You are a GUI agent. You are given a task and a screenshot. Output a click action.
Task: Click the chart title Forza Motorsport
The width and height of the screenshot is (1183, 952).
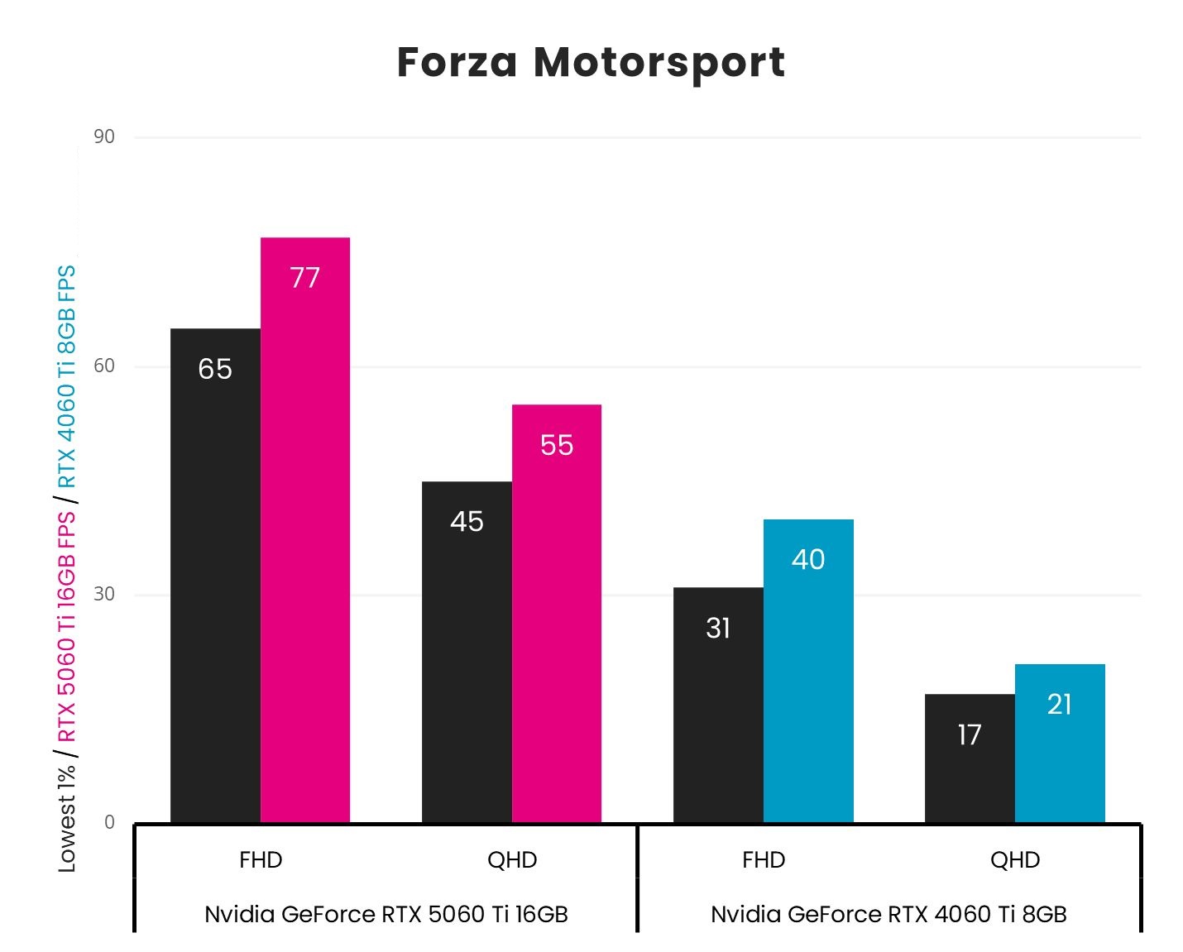tap(591, 63)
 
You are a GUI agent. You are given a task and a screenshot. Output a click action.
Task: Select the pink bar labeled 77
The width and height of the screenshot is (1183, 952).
tap(305, 529)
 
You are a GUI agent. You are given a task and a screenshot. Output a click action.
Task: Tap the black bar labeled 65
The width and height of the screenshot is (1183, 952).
tap(215, 575)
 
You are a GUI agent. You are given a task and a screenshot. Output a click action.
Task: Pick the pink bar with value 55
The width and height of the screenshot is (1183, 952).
tap(557, 613)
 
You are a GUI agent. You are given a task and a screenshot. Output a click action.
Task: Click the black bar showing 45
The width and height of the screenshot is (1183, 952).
tap(467, 652)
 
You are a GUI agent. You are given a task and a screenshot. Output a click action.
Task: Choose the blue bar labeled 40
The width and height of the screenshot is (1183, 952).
tap(808, 671)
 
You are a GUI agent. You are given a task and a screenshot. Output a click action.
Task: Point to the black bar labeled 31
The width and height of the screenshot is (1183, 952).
tap(718, 705)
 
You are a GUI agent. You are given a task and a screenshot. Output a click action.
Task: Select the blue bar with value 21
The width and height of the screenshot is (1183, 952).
tap(1060, 743)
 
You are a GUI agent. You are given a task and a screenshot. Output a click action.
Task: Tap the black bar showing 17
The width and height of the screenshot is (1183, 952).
tap(970, 758)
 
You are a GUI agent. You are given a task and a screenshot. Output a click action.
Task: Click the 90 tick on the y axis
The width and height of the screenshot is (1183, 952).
tap(104, 137)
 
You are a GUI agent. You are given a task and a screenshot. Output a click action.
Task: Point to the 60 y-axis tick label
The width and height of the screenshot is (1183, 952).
tap(104, 366)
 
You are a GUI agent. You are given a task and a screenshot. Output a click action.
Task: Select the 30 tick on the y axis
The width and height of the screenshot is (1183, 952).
tap(104, 595)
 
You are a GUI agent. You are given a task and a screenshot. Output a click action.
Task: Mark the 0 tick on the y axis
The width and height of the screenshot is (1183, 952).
tap(109, 823)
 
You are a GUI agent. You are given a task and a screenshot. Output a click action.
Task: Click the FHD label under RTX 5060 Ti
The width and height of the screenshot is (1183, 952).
tap(261, 860)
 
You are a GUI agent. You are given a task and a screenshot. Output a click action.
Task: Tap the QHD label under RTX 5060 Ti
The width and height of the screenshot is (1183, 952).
tap(512, 860)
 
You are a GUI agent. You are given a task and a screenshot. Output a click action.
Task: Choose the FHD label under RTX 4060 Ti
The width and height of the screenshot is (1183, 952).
tap(764, 860)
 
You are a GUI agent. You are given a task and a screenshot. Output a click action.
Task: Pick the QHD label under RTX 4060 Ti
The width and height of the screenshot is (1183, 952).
tap(1015, 860)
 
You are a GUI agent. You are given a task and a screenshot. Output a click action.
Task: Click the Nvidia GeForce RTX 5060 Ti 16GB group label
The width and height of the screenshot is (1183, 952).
tap(386, 914)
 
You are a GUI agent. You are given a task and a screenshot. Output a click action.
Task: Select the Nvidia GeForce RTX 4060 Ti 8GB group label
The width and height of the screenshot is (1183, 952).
tap(888, 914)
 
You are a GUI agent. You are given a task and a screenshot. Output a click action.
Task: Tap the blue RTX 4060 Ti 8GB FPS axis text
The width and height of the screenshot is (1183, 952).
tap(66, 376)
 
